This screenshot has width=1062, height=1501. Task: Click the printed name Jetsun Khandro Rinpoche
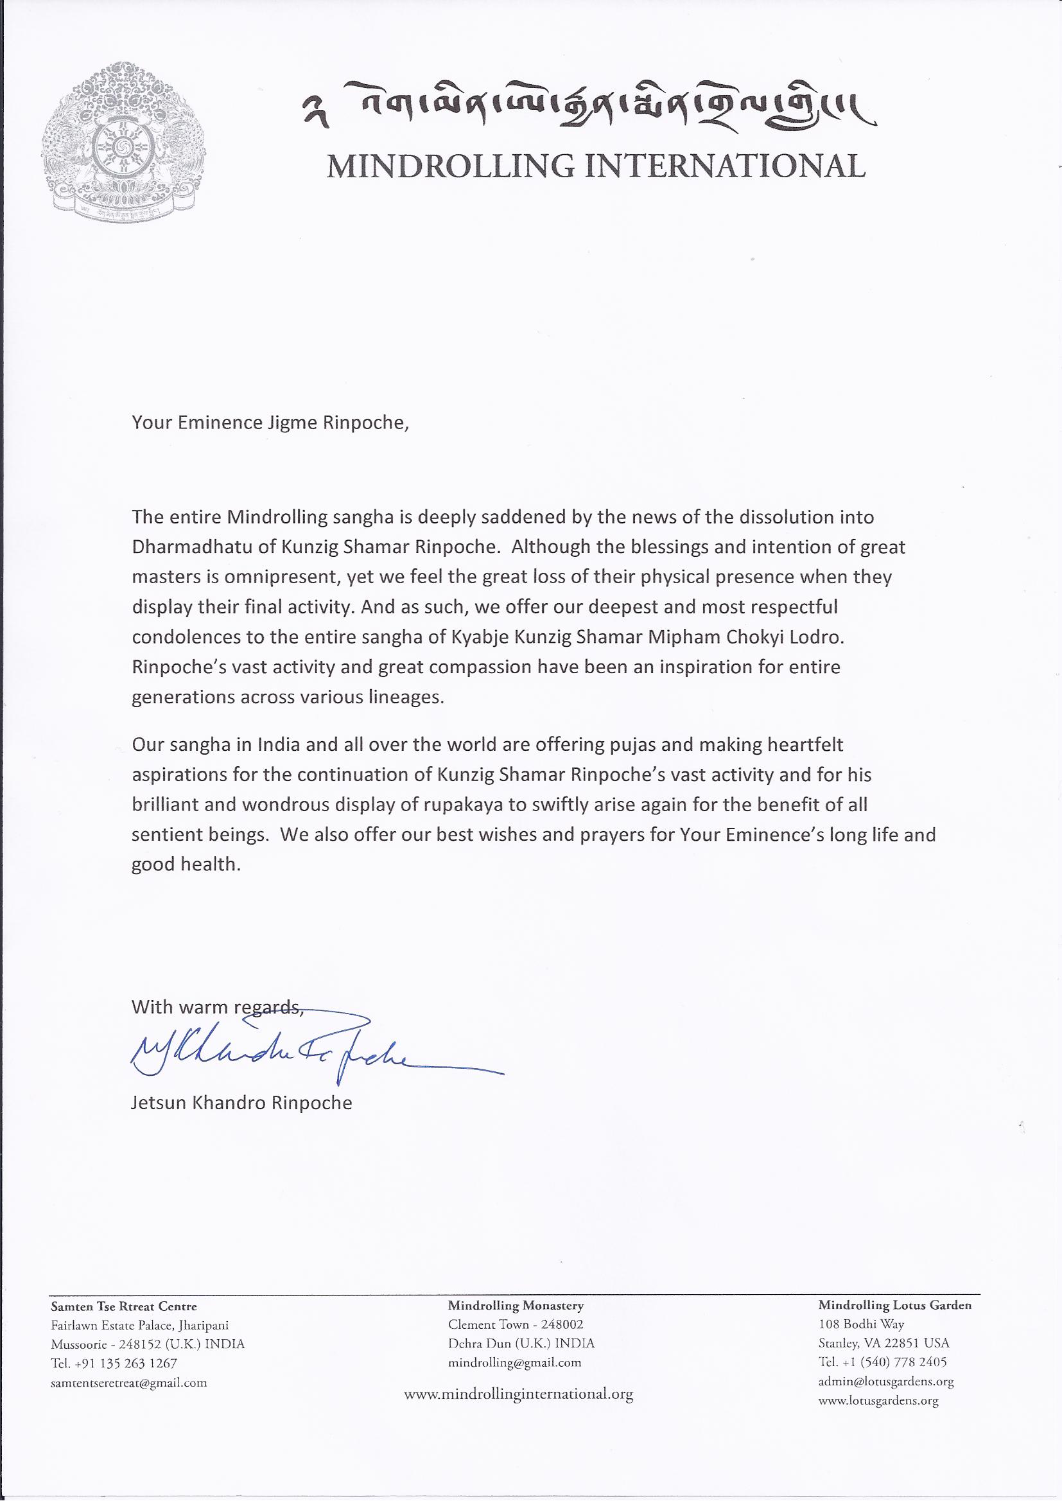(241, 1103)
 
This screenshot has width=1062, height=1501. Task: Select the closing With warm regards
(217, 1006)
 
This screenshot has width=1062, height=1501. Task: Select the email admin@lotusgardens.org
(885, 1363)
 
